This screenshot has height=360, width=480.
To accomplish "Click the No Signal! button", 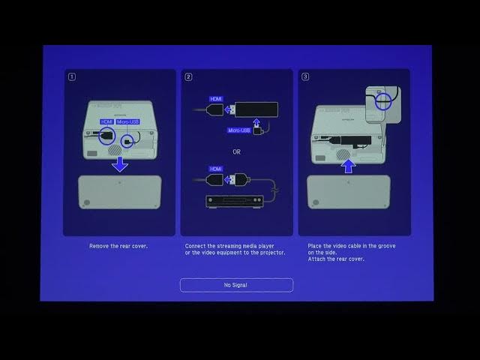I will (x=235, y=285).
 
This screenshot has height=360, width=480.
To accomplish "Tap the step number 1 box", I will (x=72, y=76).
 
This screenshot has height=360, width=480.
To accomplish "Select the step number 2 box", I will (x=188, y=76).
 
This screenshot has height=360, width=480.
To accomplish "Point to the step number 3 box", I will (x=304, y=76).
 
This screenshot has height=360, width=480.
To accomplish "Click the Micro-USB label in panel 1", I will (x=127, y=121).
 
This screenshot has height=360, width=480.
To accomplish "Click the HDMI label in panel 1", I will (x=106, y=121).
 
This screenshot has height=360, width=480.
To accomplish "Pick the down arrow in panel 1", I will (x=120, y=163).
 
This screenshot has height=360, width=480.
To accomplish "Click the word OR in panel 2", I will (x=236, y=151).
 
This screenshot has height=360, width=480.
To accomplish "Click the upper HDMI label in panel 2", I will (x=217, y=99).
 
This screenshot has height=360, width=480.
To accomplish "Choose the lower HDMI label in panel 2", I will (x=217, y=169).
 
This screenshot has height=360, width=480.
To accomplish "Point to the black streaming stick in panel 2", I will (x=256, y=109).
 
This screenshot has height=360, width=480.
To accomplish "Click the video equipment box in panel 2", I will (x=234, y=202).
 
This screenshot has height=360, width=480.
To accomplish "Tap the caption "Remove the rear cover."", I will (x=118, y=246).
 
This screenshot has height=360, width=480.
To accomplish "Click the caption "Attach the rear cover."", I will (x=336, y=259).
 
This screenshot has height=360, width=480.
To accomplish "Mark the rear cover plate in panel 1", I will (x=120, y=192).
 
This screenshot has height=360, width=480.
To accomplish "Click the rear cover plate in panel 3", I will (x=349, y=192).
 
